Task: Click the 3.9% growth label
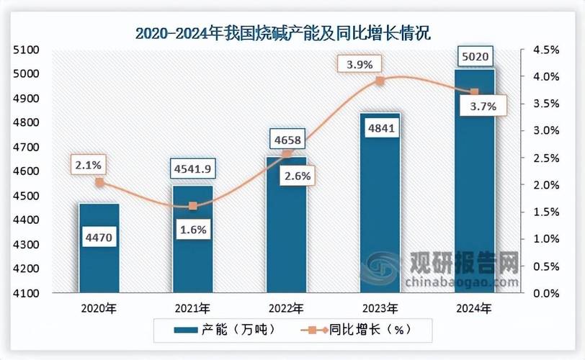(359, 64)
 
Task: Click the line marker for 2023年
(380, 81)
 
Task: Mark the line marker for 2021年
(193, 206)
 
